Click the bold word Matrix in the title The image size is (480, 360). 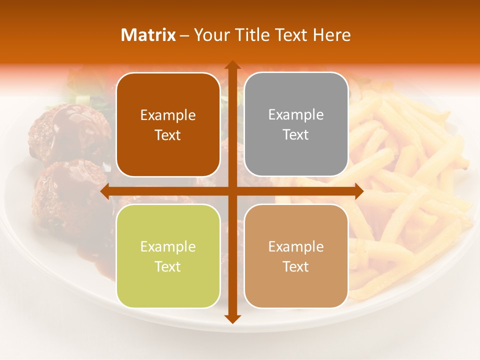(148, 35)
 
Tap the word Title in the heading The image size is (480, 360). (253, 35)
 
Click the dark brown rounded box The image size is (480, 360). (168, 124)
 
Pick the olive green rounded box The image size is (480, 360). (168, 256)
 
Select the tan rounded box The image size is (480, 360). (296, 256)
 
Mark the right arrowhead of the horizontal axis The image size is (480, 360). (359, 191)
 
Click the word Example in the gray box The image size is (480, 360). (296, 115)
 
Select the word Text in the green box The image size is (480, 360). (168, 266)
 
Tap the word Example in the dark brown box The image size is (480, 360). (168, 115)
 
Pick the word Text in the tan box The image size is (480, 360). (296, 266)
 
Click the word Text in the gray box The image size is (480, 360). (296, 135)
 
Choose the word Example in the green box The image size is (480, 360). (168, 247)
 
